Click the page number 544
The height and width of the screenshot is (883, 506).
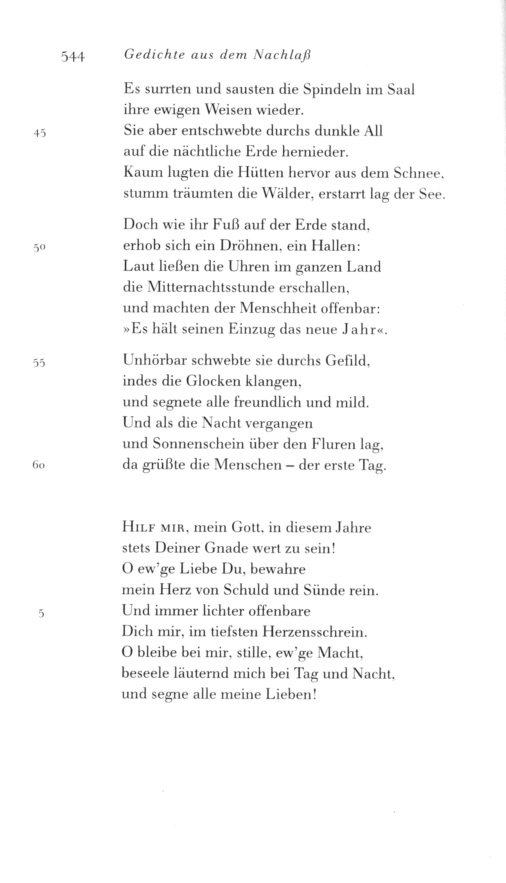(x=73, y=57)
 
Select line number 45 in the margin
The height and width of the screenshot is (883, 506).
(x=40, y=133)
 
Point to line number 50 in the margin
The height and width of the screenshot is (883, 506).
(x=40, y=248)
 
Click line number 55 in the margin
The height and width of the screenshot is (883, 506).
(x=39, y=363)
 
